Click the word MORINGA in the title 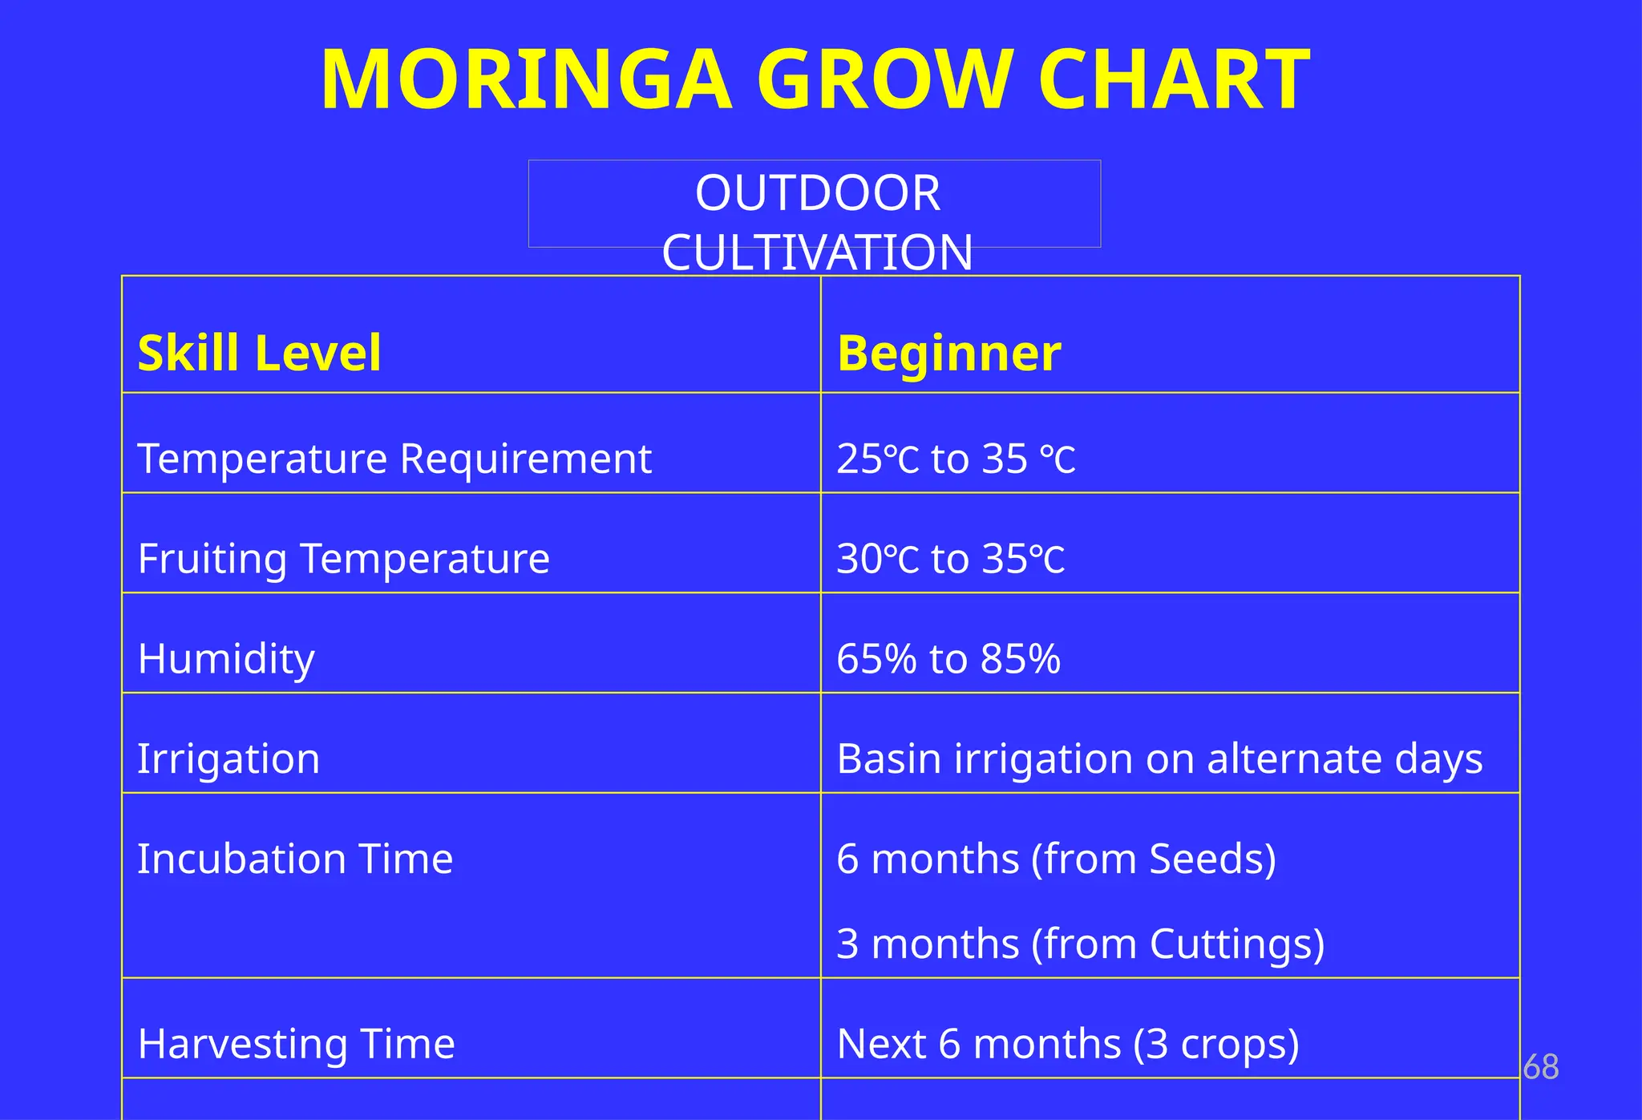(x=526, y=80)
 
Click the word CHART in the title (x=1174, y=80)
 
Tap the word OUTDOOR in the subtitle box (x=817, y=193)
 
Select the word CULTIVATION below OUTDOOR (x=817, y=253)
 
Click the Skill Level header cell (x=259, y=353)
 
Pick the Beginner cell (x=948, y=353)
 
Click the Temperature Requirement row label (x=394, y=459)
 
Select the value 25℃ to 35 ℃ (x=956, y=459)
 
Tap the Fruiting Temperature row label (x=343, y=559)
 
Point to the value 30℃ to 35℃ (x=951, y=559)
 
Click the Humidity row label (x=226, y=659)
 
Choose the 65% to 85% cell (x=948, y=659)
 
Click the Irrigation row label (x=229, y=758)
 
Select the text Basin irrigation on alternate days (x=1159, y=758)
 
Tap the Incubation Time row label (x=295, y=859)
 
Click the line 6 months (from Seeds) (x=1056, y=859)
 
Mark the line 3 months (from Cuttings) (x=1080, y=944)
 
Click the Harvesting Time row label (x=296, y=1044)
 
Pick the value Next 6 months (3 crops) (x=1067, y=1044)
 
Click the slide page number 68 (x=1540, y=1067)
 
